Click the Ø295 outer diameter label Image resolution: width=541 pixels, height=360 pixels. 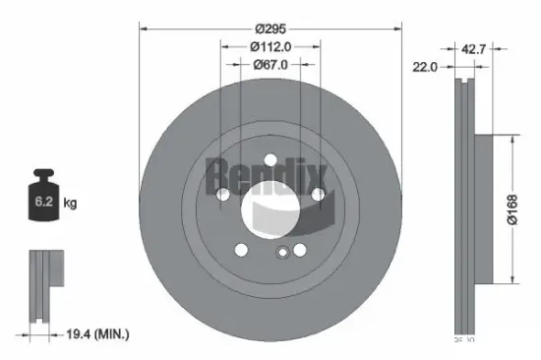[270, 29]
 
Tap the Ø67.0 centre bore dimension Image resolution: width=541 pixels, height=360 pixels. [270, 65]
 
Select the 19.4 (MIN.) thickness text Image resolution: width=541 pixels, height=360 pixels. [95, 335]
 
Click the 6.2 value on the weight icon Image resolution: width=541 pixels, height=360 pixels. [42, 204]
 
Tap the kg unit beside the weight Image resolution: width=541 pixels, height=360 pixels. [70, 204]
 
